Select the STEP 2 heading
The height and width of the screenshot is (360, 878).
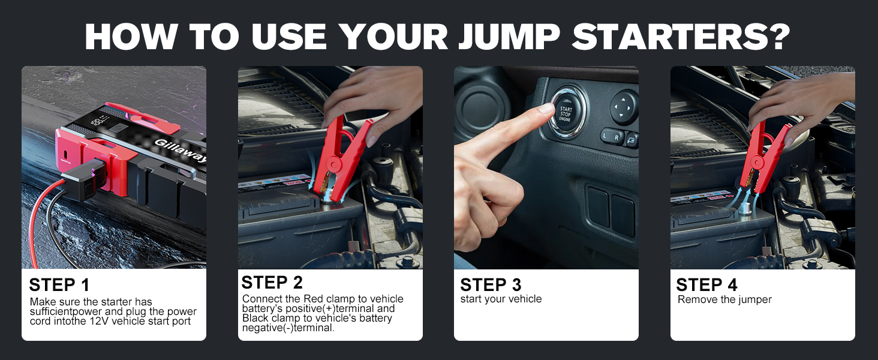[272, 283]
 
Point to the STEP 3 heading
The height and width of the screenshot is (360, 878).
[491, 285]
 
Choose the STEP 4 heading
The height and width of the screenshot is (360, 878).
[706, 285]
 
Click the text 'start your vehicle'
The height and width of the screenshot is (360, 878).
[501, 299]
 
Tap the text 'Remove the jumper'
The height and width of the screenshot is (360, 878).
[724, 299]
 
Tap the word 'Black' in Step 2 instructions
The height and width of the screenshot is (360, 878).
[255, 318]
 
